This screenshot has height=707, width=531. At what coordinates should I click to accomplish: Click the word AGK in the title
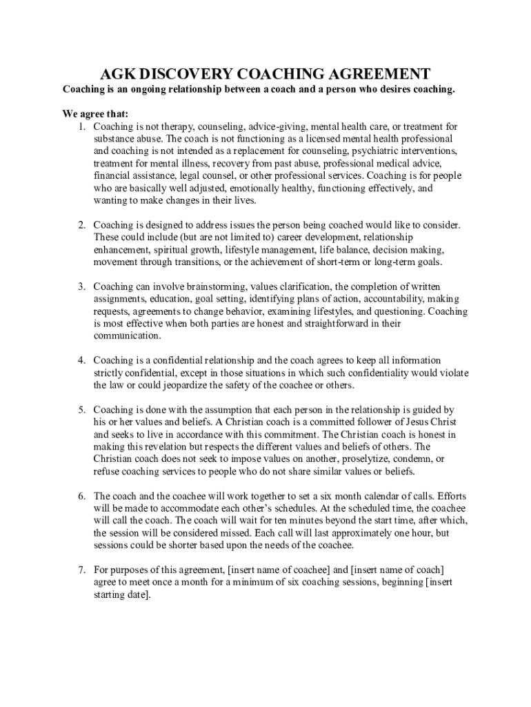[x=119, y=74]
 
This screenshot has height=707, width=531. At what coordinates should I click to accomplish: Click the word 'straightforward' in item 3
[x=334, y=324]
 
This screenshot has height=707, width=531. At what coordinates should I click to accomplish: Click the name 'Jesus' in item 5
[x=399, y=422]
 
